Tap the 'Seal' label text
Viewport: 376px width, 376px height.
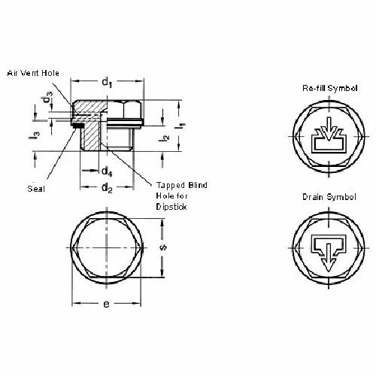pyautogui.click(x=35, y=188)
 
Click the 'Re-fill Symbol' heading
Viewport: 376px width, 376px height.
pyautogui.click(x=327, y=89)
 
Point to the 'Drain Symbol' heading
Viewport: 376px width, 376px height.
pyautogui.click(x=327, y=196)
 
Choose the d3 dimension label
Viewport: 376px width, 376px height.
pyautogui.click(x=47, y=99)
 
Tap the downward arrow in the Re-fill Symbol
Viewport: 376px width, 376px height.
pyautogui.click(x=327, y=132)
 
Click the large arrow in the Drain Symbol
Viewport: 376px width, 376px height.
pyautogui.click(x=327, y=252)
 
